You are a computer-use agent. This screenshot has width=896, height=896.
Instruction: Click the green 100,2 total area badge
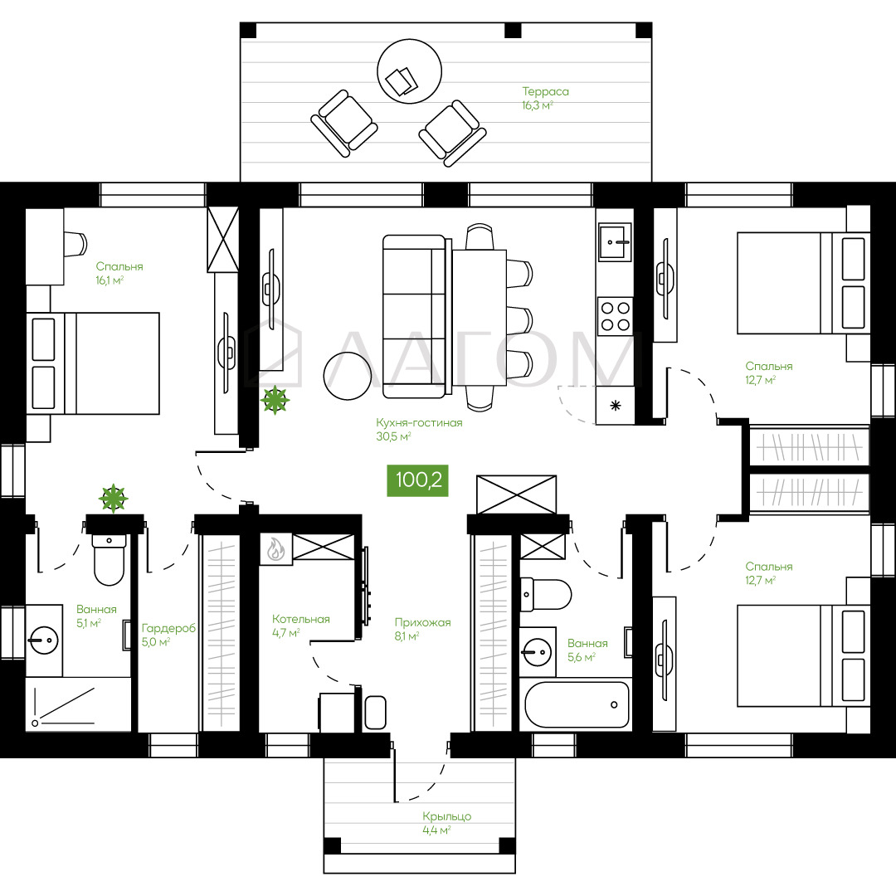pos(417,480)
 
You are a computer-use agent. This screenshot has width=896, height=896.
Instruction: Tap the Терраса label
pos(545,91)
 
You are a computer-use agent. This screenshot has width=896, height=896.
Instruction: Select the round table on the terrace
pos(409,71)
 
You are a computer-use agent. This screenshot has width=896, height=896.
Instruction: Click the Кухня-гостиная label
pos(419,423)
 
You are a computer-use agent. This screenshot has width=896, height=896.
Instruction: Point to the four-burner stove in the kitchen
pos(615,316)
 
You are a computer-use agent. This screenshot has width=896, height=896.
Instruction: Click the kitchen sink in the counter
pos(615,241)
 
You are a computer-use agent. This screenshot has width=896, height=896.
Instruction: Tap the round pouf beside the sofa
pos(348,376)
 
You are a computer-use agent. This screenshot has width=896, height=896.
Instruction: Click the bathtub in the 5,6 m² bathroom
pos(577,704)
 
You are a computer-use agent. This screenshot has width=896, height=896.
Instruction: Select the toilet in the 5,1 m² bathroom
pos(109,560)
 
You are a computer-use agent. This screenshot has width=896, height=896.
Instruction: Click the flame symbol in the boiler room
pos(276,549)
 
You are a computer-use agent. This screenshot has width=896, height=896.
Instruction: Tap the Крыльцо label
pos(447,816)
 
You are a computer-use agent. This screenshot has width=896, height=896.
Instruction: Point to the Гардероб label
pos(168,629)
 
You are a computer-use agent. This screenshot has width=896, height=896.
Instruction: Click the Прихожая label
pos(423,623)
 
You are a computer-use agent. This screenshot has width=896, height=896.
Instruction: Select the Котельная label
pos(301,620)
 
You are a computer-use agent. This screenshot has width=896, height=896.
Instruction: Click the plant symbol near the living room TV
pos(275,399)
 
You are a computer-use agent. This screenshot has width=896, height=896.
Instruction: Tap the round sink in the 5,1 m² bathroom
pos(43,640)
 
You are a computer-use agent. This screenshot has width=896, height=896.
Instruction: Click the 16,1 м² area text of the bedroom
pos(110,280)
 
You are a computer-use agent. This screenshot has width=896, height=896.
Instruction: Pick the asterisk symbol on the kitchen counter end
pos(616,407)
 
